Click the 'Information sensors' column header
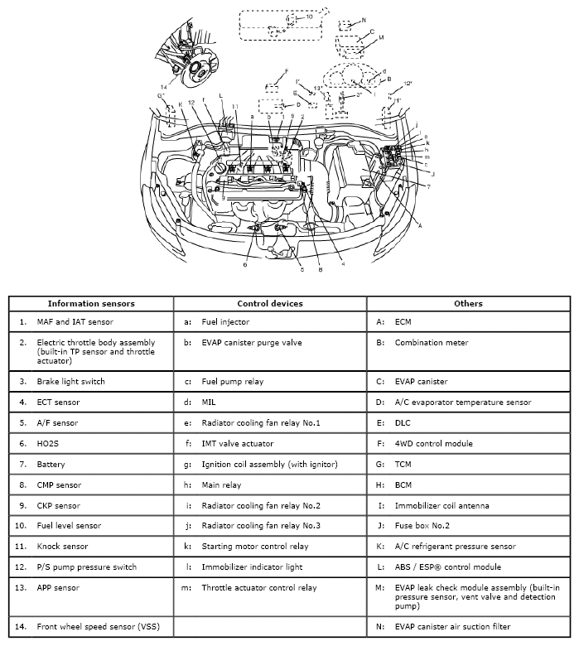tap(91, 303)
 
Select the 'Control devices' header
tap(270, 303)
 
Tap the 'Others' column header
tap(468, 303)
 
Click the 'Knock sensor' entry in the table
tap(65, 547)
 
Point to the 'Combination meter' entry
tap(432, 342)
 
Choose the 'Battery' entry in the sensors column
tap(51, 465)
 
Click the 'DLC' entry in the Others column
tap(403, 423)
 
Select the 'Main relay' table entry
tap(221, 485)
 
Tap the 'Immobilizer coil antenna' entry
tap(442, 505)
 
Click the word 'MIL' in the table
tap(209, 403)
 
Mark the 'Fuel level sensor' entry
tap(70, 526)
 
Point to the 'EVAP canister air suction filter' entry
tap(453, 627)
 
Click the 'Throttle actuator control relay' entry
tap(259, 588)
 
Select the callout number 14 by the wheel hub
tap(164, 86)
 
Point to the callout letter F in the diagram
tap(286, 71)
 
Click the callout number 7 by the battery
tap(428, 187)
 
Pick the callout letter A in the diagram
tap(420, 225)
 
